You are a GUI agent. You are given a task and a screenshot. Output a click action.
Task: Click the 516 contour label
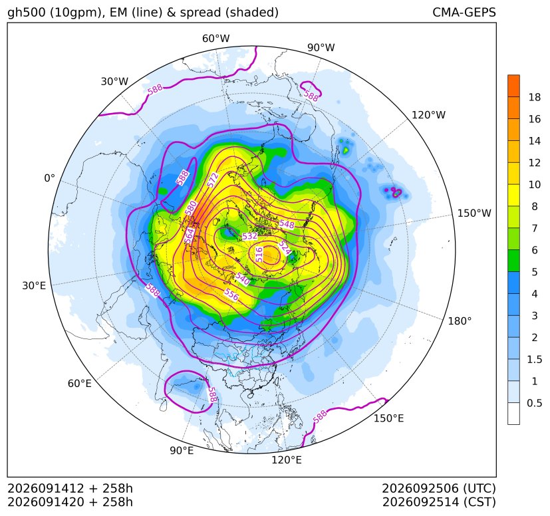tap(259, 254)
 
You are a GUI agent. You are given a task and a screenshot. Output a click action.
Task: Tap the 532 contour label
tap(250, 236)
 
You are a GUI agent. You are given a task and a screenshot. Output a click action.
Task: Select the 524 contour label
tap(285, 248)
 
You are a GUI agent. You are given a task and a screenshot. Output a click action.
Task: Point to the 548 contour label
tap(287, 224)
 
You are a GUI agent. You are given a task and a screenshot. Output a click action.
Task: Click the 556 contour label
tap(231, 295)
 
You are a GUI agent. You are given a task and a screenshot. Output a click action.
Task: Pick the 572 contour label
tap(213, 180)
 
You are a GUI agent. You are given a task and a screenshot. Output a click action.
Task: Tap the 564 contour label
tap(190, 236)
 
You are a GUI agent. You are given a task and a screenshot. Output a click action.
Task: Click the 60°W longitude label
tap(215, 39)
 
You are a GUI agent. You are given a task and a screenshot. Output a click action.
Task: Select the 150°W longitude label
tap(474, 213)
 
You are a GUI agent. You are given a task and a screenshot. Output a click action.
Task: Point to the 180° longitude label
tap(460, 321)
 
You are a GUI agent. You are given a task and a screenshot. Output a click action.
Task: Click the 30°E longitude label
tap(34, 285)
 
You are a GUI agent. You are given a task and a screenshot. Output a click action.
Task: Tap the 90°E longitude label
tap(182, 450)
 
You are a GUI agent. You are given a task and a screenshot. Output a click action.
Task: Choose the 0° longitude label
tap(49, 178)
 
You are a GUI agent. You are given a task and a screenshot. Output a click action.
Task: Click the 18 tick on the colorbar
tap(535, 97)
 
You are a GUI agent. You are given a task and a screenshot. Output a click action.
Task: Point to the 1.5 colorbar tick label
tap(535, 359)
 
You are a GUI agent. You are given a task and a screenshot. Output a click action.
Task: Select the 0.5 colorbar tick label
tap(535, 403)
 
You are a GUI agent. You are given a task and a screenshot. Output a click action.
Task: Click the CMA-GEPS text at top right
tap(464, 12)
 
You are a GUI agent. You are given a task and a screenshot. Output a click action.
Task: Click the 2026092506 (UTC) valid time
tap(439, 488)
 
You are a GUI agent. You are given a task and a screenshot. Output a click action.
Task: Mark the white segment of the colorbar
tap(513, 414)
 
